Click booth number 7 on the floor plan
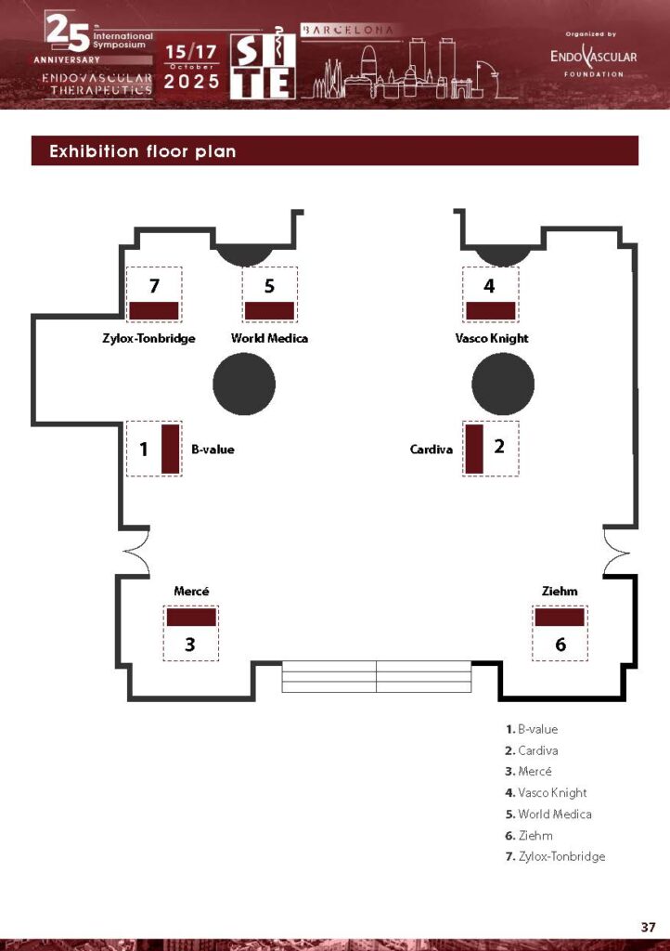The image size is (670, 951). point(154,285)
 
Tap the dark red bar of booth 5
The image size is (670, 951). point(269,310)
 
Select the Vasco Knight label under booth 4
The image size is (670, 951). point(491,338)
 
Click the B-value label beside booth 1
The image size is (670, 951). point(213,449)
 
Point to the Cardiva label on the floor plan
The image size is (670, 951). point(432,449)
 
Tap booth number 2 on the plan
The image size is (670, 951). point(499,447)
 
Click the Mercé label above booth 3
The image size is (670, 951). point(191,591)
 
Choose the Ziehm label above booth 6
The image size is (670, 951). point(560,591)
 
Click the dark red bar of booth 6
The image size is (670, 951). point(560,617)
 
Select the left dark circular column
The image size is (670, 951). point(244,384)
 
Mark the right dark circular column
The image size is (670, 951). point(503,384)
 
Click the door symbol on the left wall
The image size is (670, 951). point(137,552)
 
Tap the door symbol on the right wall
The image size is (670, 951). point(617,552)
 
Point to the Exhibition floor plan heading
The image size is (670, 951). point(142,151)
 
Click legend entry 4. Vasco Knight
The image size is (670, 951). point(546,793)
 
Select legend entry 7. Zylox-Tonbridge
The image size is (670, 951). point(555,856)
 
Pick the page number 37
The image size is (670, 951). point(648,927)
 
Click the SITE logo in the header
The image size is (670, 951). point(263,64)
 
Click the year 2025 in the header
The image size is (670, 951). point(191,82)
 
